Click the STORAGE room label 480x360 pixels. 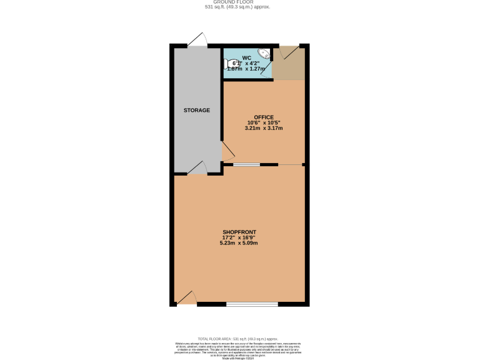[x=196, y=110]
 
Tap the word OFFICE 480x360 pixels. [x=263, y=117]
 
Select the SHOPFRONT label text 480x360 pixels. [x=239, y=232]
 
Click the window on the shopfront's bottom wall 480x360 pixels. [x=252, y=304]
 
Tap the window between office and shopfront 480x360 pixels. [x=246, y=165]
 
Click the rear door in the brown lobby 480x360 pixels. [x=289, y=52]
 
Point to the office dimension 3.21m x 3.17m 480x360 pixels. [x=263, y=129]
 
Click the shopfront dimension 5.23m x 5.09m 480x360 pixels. [x=239, y=243]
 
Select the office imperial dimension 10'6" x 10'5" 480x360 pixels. [x=263, y=122]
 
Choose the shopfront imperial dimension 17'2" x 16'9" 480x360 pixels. [x=239, y=237]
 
